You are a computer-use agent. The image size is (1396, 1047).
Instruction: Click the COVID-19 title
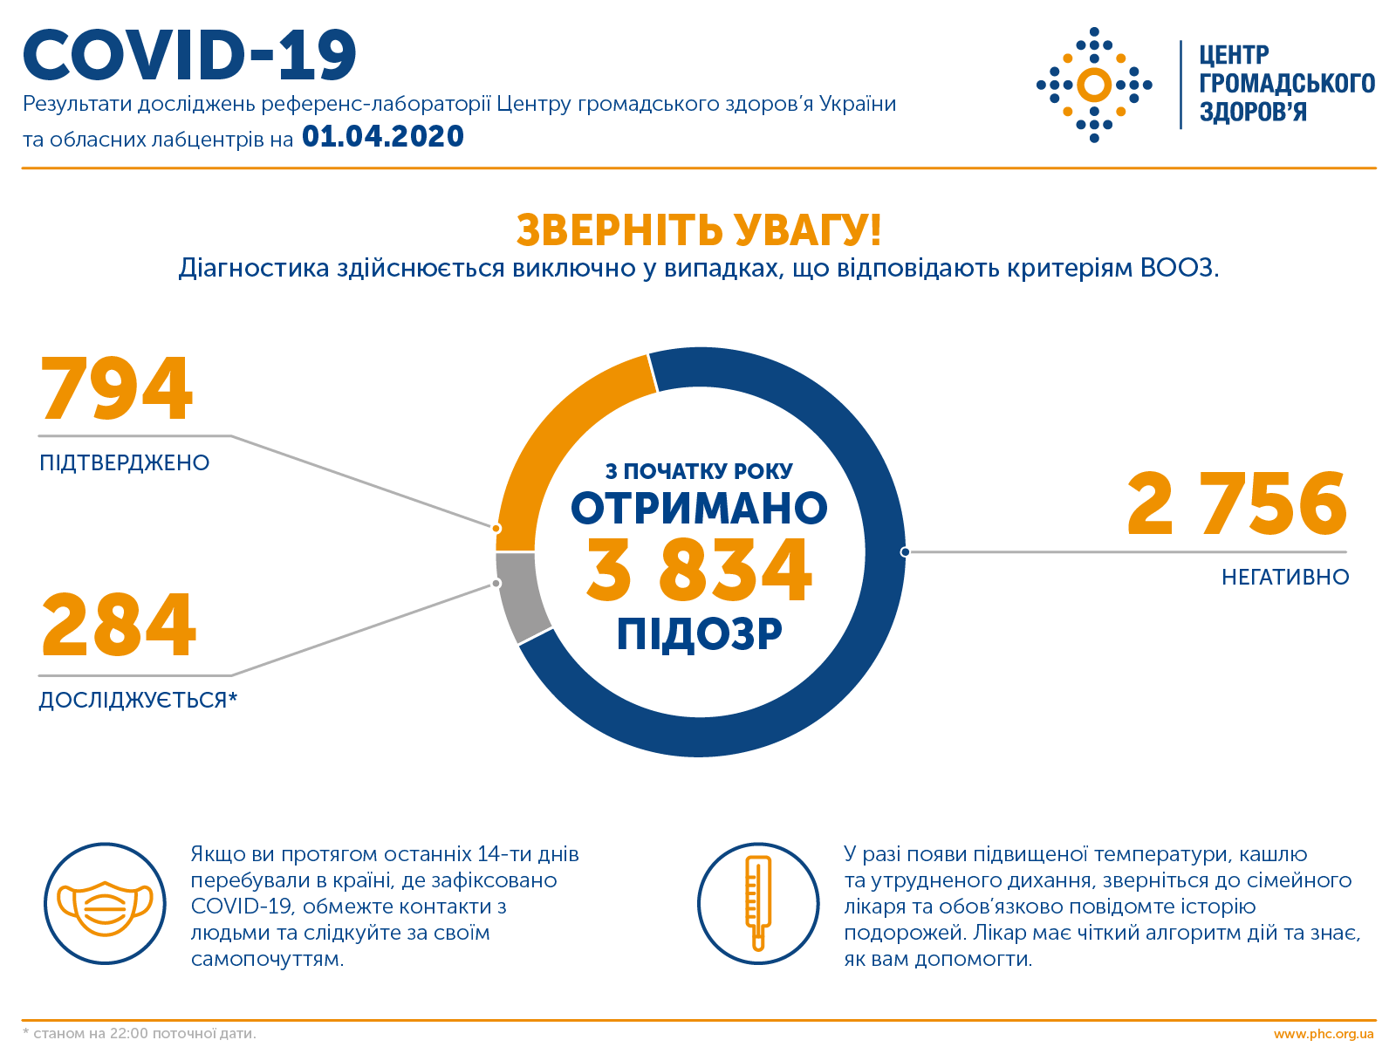[190, 57]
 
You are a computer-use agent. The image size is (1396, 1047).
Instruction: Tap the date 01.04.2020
[382, 137]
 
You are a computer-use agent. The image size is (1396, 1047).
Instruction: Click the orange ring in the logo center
[1094, 85]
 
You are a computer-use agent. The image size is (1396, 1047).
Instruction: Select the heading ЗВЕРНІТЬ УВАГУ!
[698, 230]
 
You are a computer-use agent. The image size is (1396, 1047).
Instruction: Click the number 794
[116, 389]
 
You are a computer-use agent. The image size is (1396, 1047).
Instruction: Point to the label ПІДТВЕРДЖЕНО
[125, 463]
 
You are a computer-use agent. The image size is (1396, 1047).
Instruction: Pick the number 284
[119, 625]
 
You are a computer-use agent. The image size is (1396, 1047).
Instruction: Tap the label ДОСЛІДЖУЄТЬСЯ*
[138, 701]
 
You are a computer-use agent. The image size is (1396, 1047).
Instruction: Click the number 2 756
[1237, 504]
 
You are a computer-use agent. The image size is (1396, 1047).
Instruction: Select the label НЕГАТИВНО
[1284, 578]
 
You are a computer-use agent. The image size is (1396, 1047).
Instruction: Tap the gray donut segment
[520, 607]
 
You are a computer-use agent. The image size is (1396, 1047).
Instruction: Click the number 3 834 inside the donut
[699, 571]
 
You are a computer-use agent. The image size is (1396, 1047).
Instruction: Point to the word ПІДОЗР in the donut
[699, 634]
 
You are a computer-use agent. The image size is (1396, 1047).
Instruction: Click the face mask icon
[105, 904]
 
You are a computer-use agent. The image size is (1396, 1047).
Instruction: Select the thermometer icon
[758, 903]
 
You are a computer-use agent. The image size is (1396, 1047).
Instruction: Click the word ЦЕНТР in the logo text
[1234, 56]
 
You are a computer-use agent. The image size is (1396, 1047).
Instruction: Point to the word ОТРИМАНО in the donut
[699, 509]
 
